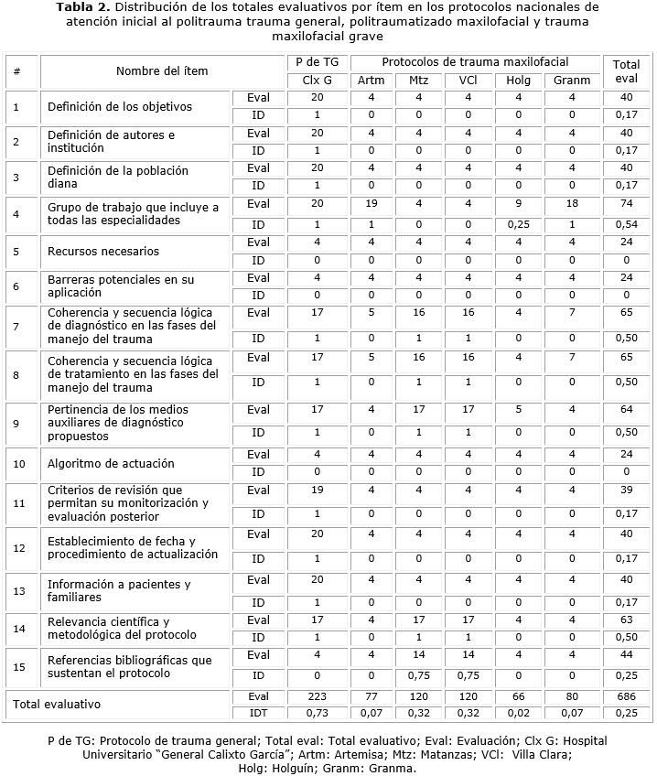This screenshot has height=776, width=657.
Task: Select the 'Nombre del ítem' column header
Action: click(162, 71)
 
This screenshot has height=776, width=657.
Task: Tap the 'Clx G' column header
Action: click(317, 80)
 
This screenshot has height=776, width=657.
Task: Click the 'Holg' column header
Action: click(518, 80)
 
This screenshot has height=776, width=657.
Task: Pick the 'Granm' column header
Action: click(572, 80)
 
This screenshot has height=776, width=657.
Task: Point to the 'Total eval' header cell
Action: click(626, 71)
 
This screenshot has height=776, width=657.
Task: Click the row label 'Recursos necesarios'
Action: click(103, 252)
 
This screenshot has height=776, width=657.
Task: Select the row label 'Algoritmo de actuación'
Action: click(111, 464)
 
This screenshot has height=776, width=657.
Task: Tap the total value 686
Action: click(626, 696)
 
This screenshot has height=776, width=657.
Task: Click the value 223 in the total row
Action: click(317, 696)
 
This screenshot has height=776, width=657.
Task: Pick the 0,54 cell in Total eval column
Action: click(626, 224)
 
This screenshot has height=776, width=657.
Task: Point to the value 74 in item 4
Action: click(626, 204)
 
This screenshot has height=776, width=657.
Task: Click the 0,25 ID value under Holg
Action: click(518, 224)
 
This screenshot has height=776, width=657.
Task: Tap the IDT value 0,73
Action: click(317, 713)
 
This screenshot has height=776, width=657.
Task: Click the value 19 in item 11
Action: click(317, 490)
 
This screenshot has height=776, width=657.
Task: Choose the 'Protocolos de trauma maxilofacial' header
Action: click(475, 62)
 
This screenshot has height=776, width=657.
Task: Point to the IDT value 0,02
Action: click(518, 713)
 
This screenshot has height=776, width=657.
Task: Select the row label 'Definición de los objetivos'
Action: click(120, 107)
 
